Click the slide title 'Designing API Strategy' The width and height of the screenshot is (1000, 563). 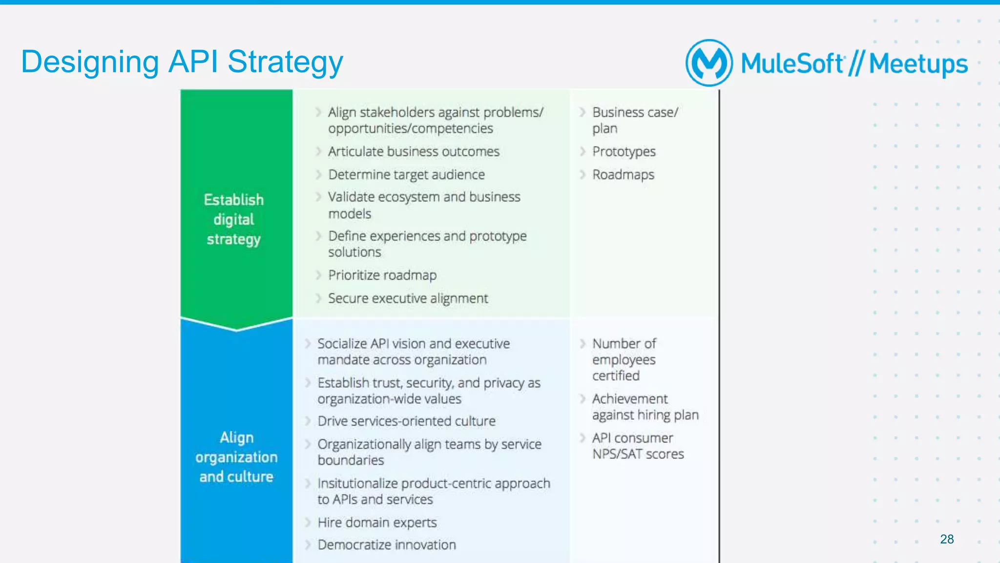click(x=182, y=62)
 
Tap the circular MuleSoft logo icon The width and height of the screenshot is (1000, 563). click(x=708, y=63)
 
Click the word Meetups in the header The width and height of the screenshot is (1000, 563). click(x=918, y=64)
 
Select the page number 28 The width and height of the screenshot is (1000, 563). click(x=946, y=539)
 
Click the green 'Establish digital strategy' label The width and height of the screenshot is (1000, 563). click(x=234, y=219)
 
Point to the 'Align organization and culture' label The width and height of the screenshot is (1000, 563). click(x=236, y=457)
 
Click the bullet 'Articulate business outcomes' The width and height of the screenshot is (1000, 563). click(x=414, y=151)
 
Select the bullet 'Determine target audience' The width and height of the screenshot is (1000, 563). click(x=406, y=174)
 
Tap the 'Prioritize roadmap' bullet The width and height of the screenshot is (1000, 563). click(x=382, y=275)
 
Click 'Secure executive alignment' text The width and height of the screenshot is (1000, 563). click(x=408, y=298)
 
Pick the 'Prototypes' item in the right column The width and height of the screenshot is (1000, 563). click(x=624, y=151)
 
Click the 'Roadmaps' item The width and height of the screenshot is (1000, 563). click(x=623, y=174)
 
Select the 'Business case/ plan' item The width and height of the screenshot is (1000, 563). click(x=634, y=120)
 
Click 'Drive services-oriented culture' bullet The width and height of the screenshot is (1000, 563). click(x=406, y=421)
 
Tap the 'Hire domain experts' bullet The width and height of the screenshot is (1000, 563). click(x=377, y=522)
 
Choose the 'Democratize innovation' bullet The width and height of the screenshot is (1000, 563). click(x=387, y=544)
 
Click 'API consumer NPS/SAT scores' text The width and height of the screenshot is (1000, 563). click(x=637, y=446)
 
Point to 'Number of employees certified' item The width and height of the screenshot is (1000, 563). click(x=624, y=359)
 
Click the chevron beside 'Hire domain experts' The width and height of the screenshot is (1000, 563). click(x=308, y=522)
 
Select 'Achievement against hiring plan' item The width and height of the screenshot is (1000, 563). click(x=645, y=407)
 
